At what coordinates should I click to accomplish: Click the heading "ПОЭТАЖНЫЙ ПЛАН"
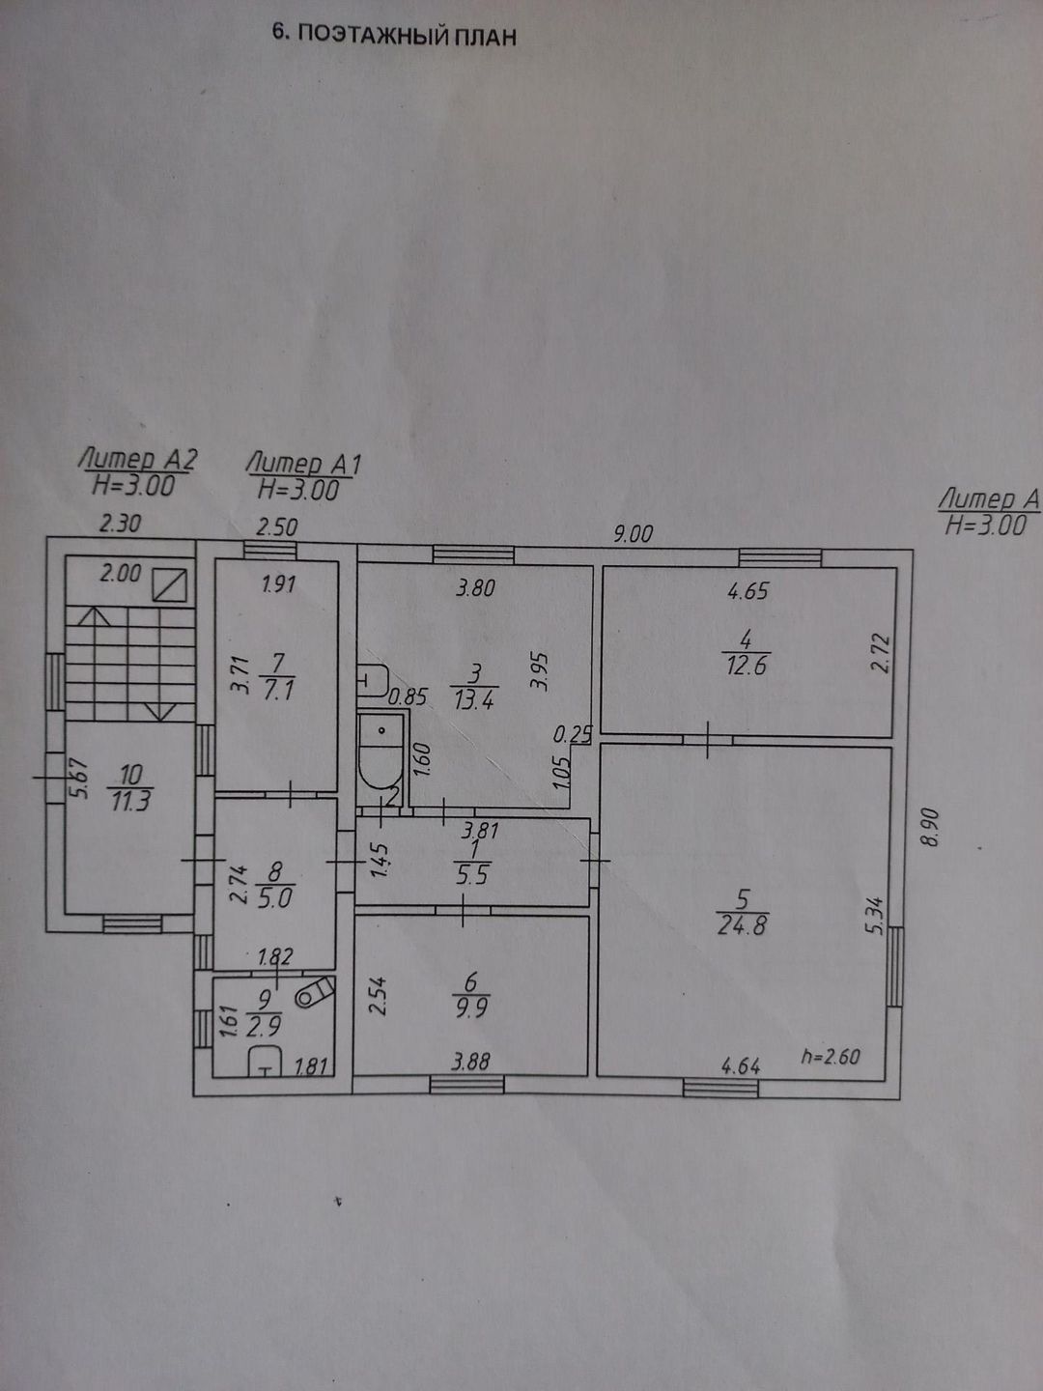406,37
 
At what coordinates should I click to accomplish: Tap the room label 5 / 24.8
742,913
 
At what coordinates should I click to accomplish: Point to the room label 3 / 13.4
473,687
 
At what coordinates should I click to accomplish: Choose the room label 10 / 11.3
131,786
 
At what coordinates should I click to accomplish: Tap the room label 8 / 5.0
277,885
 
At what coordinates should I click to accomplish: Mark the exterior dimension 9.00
633,533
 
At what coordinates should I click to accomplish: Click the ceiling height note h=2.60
831,1056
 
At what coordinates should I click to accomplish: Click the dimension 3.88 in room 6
470,1062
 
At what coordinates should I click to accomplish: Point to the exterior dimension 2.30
121,525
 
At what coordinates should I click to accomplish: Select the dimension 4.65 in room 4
747,590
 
